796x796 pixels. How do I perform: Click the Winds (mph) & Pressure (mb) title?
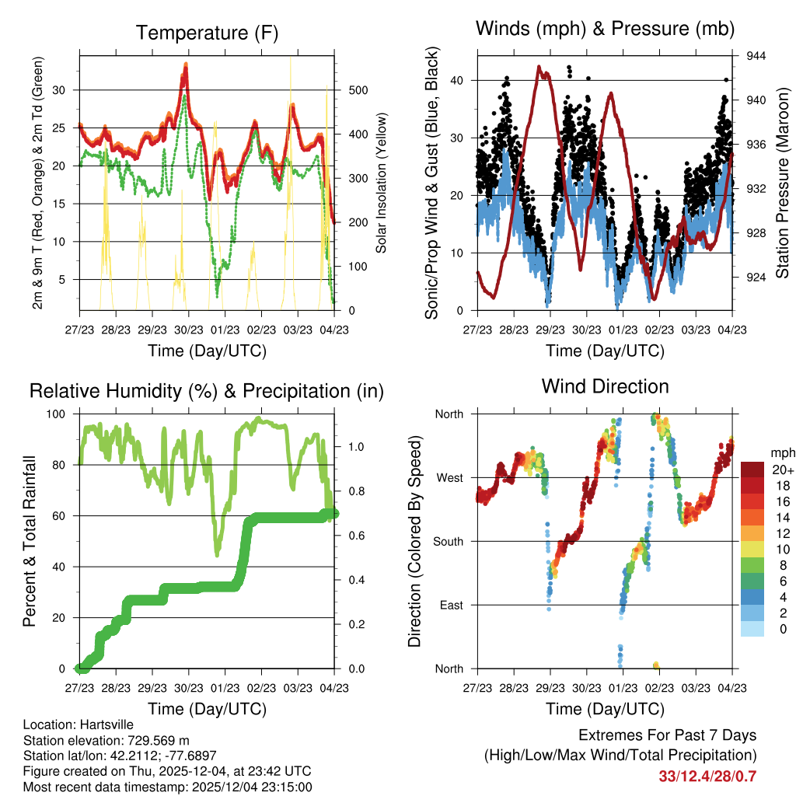(605, 30)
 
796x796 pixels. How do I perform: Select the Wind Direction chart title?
(605, 386)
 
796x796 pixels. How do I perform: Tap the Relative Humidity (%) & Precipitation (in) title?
(207, 391)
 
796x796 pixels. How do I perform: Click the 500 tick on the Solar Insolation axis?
(358, 90)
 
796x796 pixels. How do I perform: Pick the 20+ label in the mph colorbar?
(783, 470)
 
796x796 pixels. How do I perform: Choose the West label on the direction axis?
(449, 477)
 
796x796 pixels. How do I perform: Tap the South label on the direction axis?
(448, 541)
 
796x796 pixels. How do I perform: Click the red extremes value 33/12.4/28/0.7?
(707, 777)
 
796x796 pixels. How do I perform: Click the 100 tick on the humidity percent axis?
(58, 414)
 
